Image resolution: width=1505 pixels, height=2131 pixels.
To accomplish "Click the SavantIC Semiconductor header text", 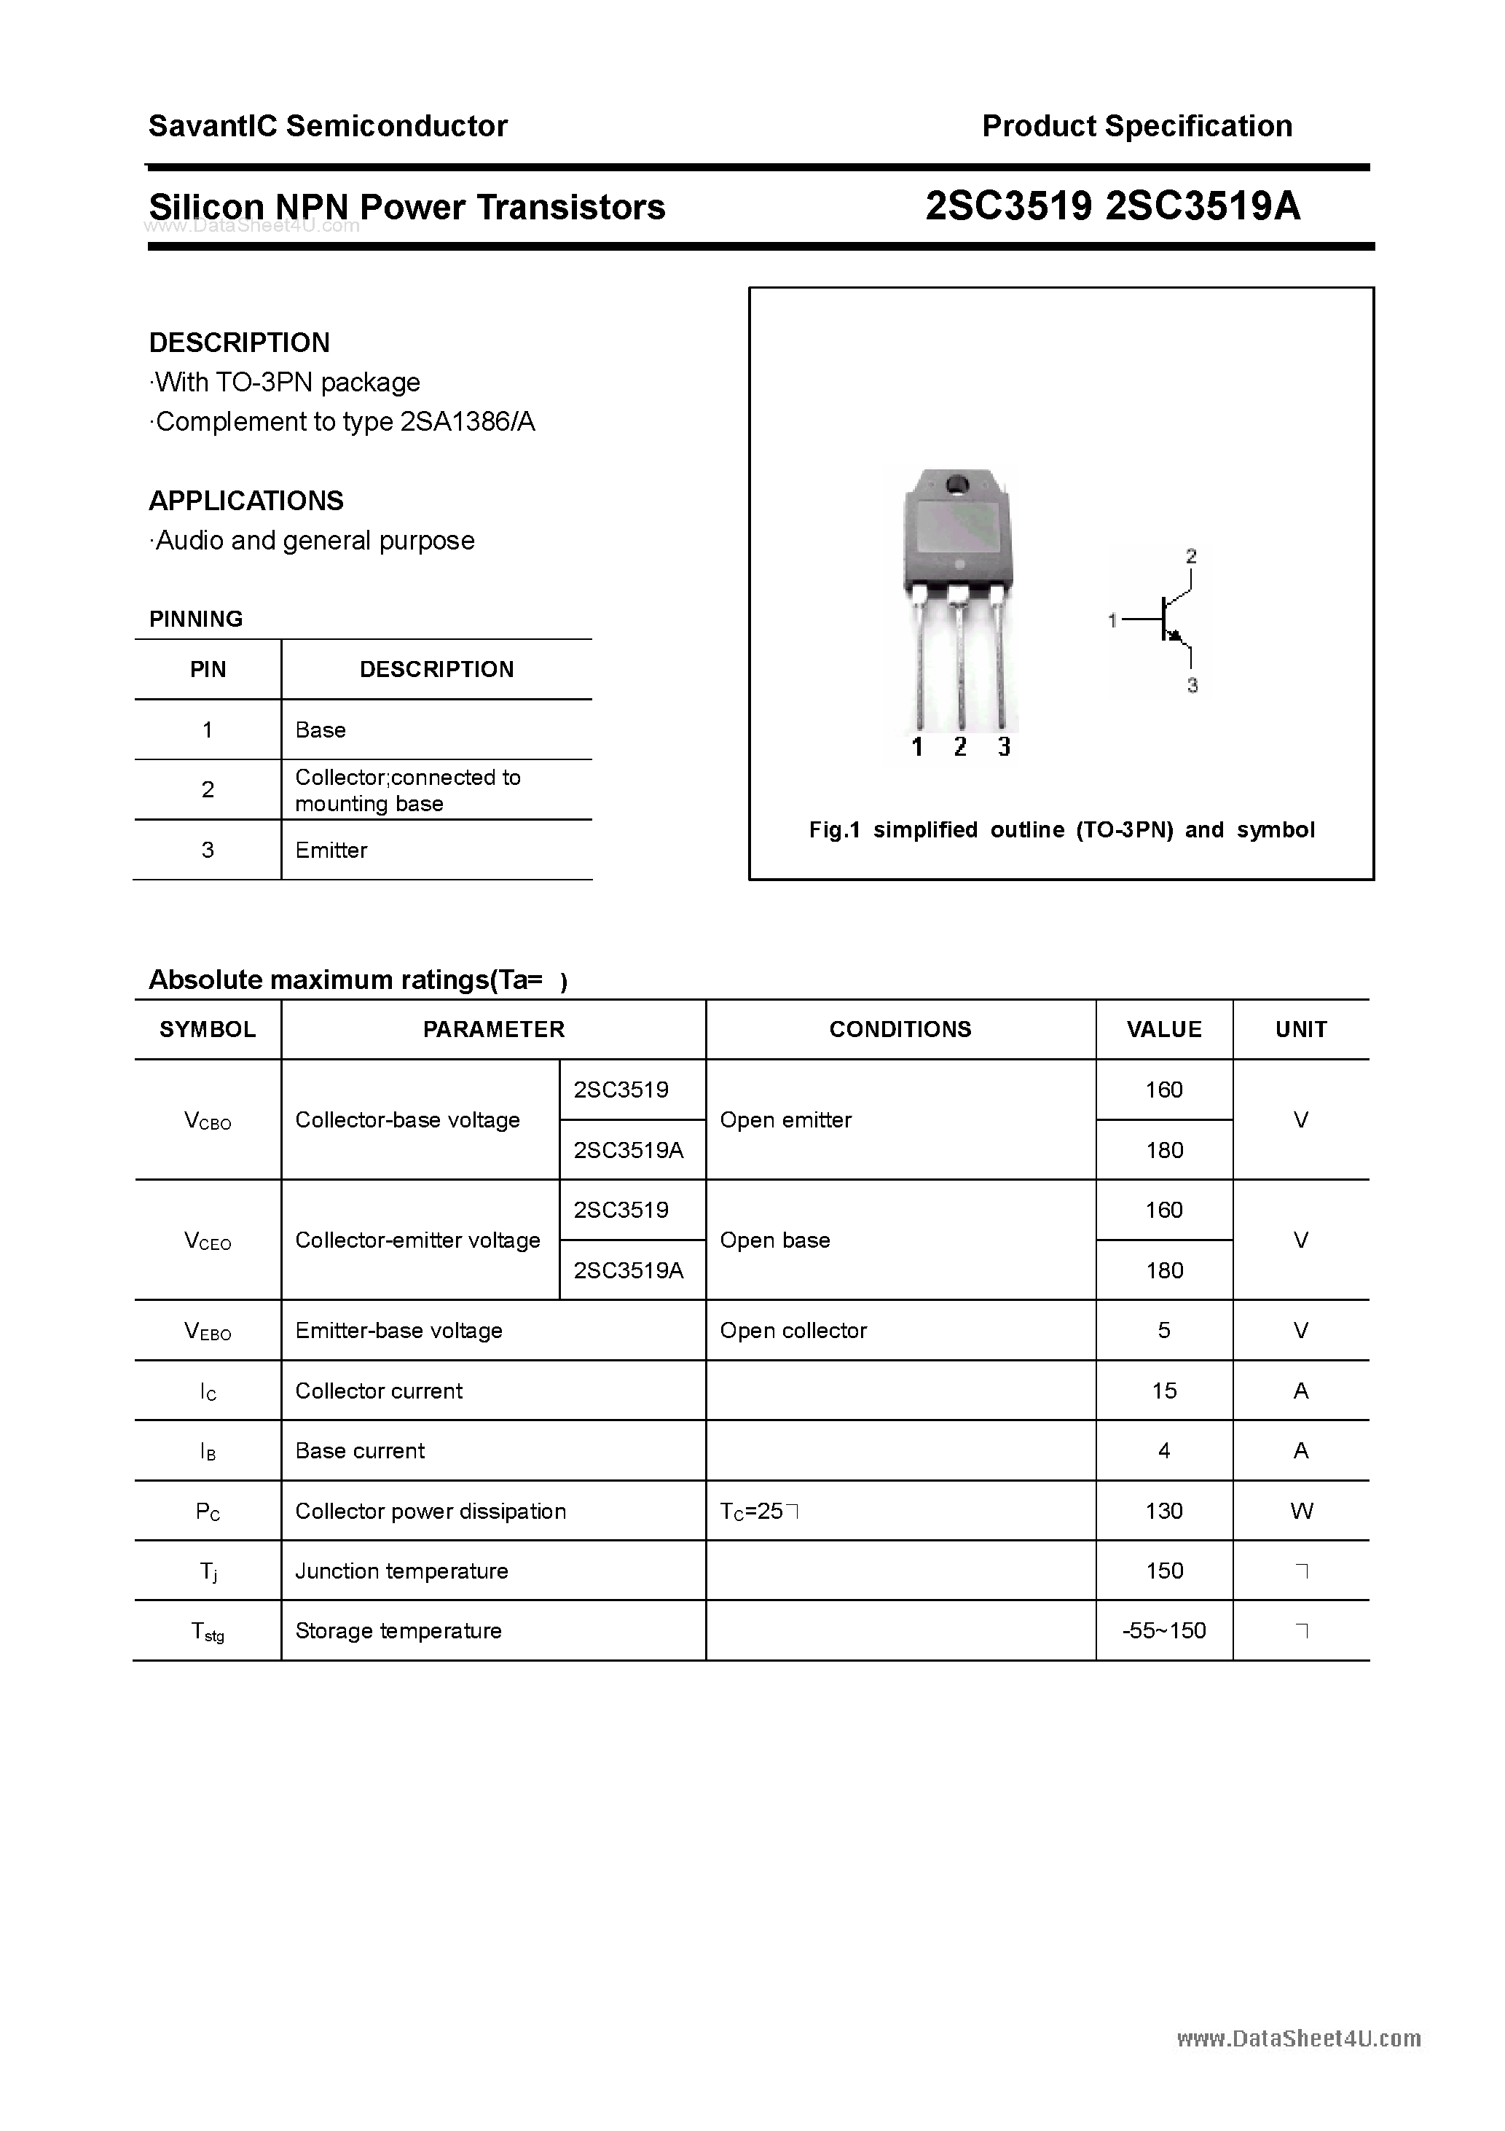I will click(x=328, y=126).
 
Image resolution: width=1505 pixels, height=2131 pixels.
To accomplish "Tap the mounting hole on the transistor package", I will click(x=956, y=485).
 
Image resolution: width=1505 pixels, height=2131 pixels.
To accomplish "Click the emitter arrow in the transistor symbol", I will click(x=1176, y=635).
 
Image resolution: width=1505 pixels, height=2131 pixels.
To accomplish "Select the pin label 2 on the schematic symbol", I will click(x=1191, y=556).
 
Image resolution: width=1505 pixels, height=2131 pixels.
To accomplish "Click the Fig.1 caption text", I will click(x=1061, y=830).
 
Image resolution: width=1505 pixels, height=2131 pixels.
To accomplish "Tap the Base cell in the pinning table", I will click(x=320, y=730).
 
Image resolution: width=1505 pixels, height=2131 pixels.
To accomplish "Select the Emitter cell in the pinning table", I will click(x=331, y=851).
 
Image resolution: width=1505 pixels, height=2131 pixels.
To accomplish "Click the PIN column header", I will click(x=208, y=669).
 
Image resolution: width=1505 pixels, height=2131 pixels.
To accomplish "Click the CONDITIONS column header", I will click(x=900, y=1029).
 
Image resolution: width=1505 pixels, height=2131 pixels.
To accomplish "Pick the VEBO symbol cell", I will click(x=208, y=1331).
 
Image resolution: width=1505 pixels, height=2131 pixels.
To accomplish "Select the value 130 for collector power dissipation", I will click(x=1163, y=1511).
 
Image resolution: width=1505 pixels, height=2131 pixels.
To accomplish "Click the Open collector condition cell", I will click(x=793, y=1331).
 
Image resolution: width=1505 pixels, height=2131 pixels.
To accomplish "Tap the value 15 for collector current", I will click(x=1163, y=1391).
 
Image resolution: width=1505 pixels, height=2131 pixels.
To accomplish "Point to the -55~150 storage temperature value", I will click(x=1163, y=1631).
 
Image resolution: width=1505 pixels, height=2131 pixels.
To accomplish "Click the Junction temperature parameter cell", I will click(x=402, y=1571).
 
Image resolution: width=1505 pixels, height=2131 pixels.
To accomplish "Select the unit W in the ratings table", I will click(x=1301, y=1511).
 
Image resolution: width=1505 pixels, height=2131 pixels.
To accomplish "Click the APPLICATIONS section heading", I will click(x=246, y=501).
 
